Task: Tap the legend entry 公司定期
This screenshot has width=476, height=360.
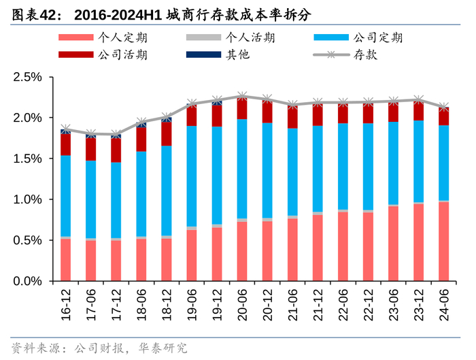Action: point(378,37)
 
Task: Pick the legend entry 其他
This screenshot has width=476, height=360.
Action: point(238,54)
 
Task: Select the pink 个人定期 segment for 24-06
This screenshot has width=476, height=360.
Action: point(443,241)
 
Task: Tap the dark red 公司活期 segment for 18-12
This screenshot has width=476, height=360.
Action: point(167,133)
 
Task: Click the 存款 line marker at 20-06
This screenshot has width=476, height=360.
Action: point(242,97)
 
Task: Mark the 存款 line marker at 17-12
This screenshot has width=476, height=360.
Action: point(116,135)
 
